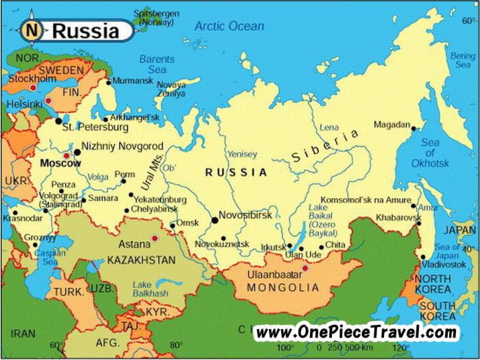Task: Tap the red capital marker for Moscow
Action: click(66, 156)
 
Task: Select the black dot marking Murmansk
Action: click(108, 83)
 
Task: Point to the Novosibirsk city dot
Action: click(215, 220)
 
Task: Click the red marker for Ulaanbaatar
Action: click(306, 268)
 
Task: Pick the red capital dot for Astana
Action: click(155, 238)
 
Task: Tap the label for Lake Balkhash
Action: click(150, 289)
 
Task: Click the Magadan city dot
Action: click(414, 129)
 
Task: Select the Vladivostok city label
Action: click(444, 264)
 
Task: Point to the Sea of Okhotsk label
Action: click(430, 153)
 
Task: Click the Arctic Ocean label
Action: click(229, 26)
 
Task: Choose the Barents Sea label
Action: click(157, 64)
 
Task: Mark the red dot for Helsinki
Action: click(48, 101)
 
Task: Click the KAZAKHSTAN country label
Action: click(141, 260)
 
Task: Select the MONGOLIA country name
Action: click(283, 287)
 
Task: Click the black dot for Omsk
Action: click(172, 226)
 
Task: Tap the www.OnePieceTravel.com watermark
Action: click(356, 332)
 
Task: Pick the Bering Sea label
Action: click(463, 60)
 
